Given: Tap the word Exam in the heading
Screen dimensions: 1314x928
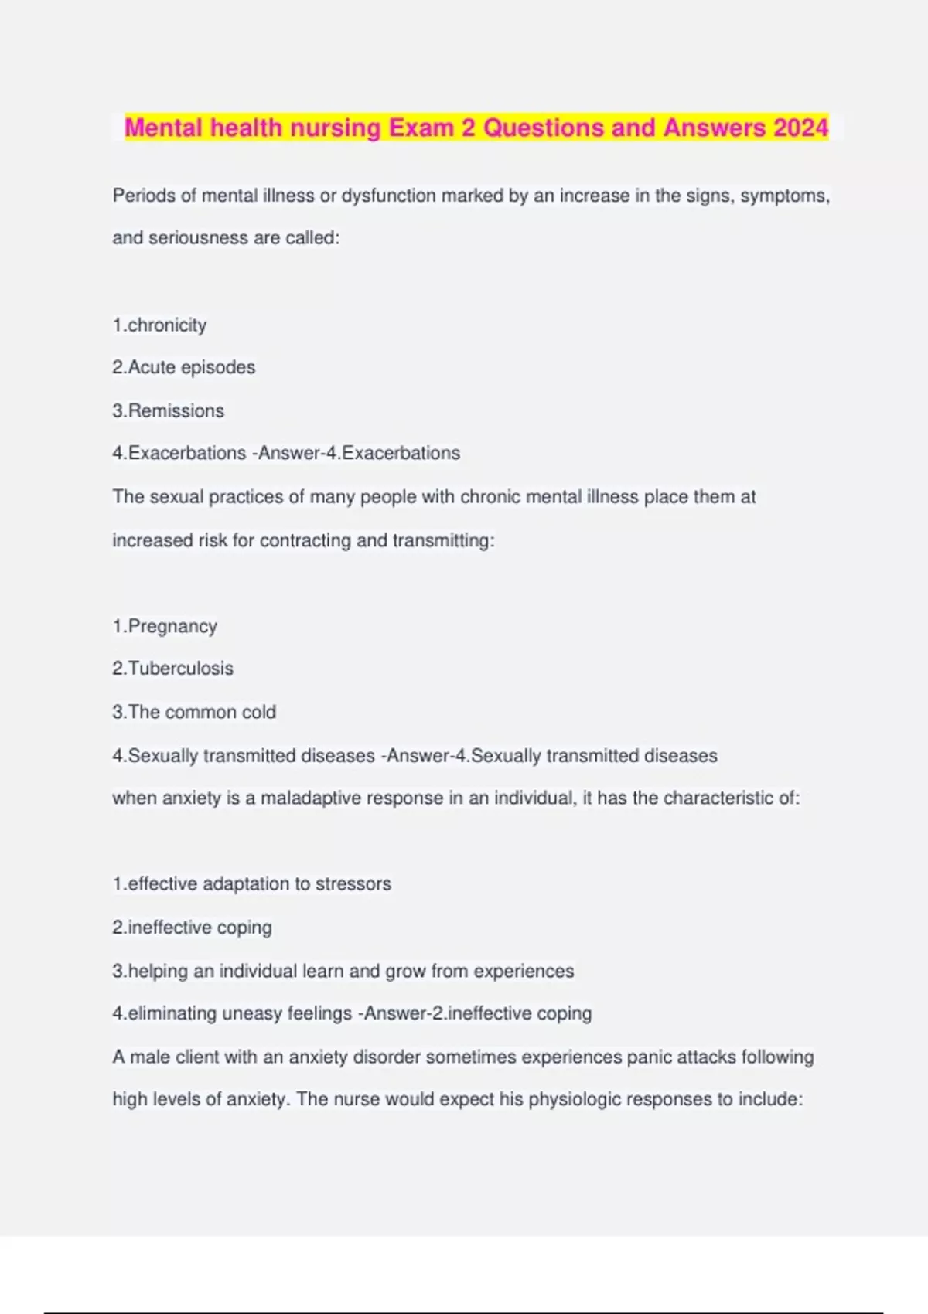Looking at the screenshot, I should (x=421, y=128).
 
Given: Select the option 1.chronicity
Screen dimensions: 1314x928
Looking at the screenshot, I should (x=159, y=325).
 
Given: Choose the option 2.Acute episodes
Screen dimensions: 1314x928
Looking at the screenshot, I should (x=183, y=367).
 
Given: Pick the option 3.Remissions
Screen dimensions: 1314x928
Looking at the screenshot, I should (x=168, y=410).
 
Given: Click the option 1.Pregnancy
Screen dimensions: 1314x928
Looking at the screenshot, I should (x=165, y=626).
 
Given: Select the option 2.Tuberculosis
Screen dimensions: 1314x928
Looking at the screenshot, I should (x=172, y=669).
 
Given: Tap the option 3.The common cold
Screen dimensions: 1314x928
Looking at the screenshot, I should (x=194, y=712).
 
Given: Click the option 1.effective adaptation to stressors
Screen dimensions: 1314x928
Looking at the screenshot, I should (x=251, y=883).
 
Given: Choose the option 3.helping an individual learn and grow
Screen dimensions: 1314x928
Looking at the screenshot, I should (x=343, y=971).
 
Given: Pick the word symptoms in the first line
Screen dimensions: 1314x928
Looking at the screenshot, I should (x=783, y=196).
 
